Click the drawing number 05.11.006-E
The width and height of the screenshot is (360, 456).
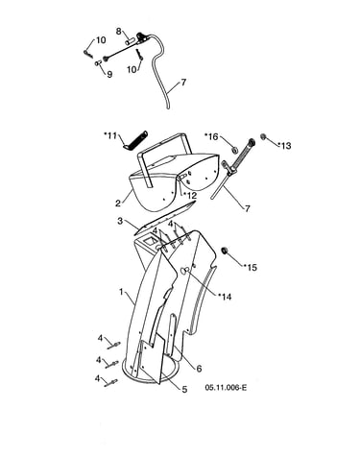point(226,388)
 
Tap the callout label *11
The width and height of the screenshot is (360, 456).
point(110,135)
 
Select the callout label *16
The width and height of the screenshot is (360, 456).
point(211,136)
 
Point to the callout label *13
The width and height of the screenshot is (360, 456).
point(284,146)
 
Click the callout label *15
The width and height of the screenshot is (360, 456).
point(250,267)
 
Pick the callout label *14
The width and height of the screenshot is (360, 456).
point(225,297)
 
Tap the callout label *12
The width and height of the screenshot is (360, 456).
point(190,195)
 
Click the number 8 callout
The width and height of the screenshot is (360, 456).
point(118,32)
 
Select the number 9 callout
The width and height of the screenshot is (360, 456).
point(109,75)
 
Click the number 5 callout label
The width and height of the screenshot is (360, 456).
point(184,390)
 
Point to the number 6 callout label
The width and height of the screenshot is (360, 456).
point(199,369)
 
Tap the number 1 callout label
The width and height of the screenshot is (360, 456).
point(121,292)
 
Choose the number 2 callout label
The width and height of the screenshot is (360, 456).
point(118,204)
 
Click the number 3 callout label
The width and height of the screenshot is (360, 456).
point(120,221)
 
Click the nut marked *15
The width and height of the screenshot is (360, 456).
point(225,251)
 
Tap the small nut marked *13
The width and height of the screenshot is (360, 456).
point(264,137)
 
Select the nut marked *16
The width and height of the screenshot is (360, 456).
point(234,150)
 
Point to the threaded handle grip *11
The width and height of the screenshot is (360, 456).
point(135,139)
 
